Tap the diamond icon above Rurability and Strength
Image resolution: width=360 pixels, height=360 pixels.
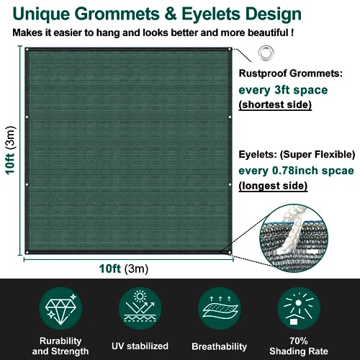click(x=60, y=308)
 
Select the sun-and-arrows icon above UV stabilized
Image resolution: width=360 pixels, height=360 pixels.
click(x=140, y=306)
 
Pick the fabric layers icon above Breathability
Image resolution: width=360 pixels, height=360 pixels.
click(x=220, y=307)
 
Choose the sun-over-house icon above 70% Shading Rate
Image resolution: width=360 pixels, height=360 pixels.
click(x=299, y=309)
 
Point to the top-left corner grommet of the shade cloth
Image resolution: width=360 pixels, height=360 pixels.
click(x=27, y=50)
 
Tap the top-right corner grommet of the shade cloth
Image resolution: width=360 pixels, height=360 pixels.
click(x=230, y=50)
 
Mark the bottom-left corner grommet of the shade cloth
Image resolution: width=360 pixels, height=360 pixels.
click(x=27, y=252)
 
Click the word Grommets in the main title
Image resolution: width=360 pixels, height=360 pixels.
click(x=117, y=14)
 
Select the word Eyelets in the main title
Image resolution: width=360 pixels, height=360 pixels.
click(x=211, y=14)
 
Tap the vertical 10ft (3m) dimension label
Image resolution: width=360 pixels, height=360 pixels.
click(x=10, y=150)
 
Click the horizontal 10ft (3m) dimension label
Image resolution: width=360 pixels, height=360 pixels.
click(x=124, y=269)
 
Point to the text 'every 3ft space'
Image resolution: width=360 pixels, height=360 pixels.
click(x=283, y=90)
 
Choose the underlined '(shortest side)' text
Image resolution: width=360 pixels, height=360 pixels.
click(x=275, y=104)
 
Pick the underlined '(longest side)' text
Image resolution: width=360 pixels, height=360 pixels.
click(x=273, y=186)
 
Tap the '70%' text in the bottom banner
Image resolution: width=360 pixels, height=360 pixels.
click(x=299, y=341)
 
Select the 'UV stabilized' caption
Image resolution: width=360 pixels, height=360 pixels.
click(x=140, y=346)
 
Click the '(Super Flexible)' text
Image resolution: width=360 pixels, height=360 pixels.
click(x=318, y=155)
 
